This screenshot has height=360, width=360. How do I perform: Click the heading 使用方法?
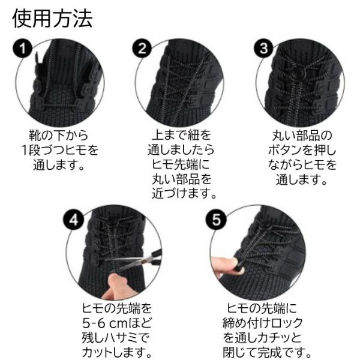52,19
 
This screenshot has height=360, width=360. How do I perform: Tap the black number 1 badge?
22,49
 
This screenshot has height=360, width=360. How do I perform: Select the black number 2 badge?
142,49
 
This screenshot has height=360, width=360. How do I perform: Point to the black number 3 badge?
263,49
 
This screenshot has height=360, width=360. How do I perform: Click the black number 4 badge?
73,220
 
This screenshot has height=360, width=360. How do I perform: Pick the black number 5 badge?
216,220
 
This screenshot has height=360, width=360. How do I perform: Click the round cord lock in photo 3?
295,74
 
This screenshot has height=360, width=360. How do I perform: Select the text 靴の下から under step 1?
59,135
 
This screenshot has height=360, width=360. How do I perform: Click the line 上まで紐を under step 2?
181,135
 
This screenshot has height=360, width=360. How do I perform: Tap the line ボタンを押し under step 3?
302,150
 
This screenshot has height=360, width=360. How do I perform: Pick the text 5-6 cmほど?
117,323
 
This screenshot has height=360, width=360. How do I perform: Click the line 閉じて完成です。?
267,352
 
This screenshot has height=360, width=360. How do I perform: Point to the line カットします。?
117,352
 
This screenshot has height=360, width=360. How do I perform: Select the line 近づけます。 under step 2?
184,193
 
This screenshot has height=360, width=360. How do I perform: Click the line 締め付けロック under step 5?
263,323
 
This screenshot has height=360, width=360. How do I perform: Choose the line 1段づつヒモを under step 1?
60,150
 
